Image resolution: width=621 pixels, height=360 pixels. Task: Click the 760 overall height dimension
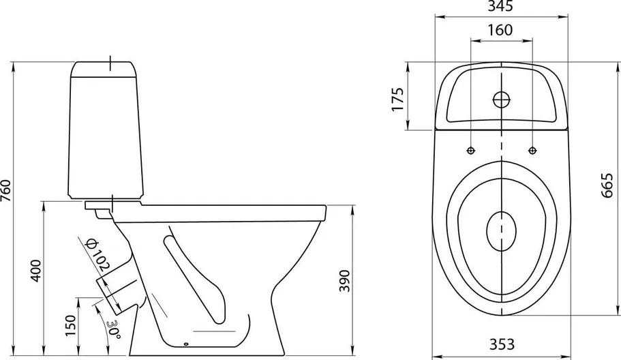coord(6,190)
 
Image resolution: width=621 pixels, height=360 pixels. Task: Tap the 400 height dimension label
coord(36,271)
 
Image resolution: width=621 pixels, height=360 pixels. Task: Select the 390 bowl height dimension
coord(344,281)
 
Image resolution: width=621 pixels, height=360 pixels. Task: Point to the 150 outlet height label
coord(70,325)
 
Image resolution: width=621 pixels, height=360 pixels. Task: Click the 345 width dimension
coord(500,6)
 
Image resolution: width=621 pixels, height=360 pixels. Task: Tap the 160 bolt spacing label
coord(500,30)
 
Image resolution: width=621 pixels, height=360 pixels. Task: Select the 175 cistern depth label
coord(397,99)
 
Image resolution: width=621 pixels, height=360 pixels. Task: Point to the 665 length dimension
coord(607,185)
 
